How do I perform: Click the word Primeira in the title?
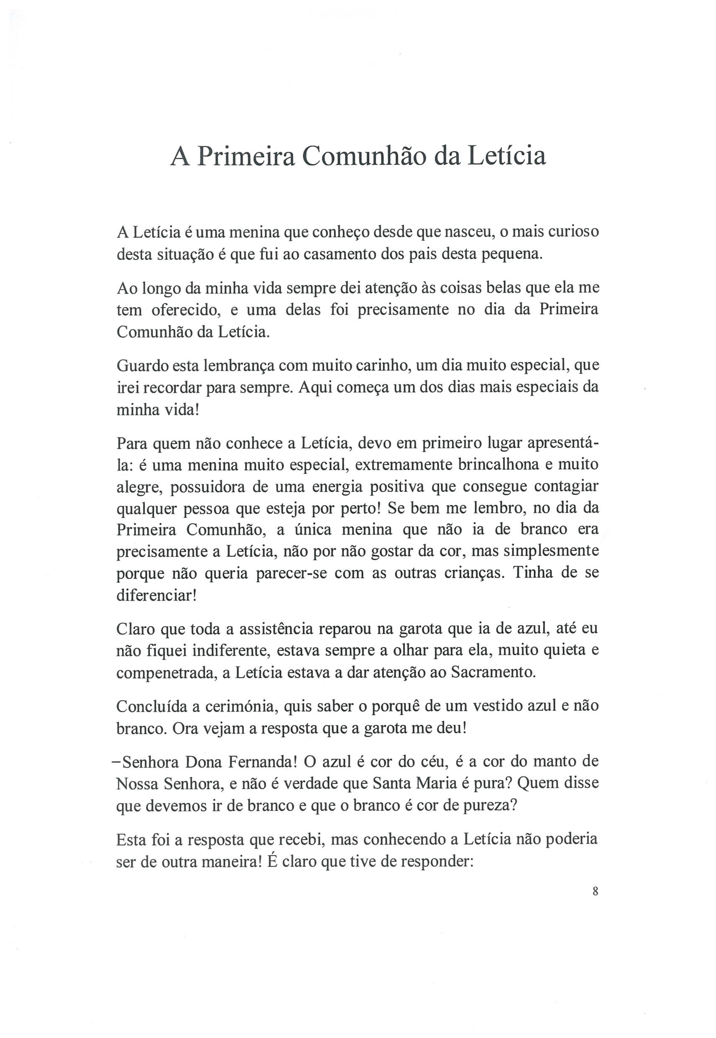[x=245, y=157]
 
